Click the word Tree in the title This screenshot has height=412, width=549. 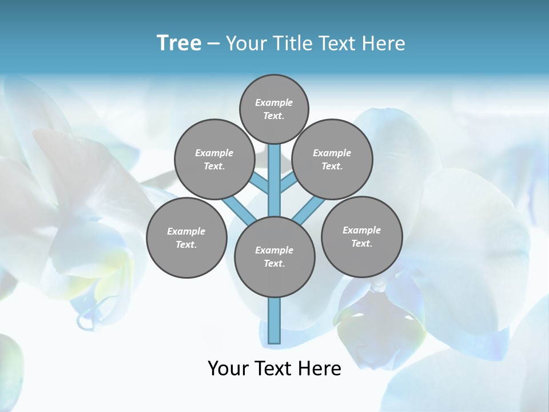point(179,43)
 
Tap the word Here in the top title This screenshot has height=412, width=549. point(384,43)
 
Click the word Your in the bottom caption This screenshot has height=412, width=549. point(229,369)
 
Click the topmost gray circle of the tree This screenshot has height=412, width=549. point(274,109)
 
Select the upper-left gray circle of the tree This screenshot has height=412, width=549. point(214,159)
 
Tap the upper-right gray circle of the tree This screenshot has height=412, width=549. point(332,159)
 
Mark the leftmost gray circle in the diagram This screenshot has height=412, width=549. point(186,237)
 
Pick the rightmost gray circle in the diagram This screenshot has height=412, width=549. point(361,236)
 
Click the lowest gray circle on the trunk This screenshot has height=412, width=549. point(274,256)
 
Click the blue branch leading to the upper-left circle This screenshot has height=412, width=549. point(260,184)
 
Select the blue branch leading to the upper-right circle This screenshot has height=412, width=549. point(288,183)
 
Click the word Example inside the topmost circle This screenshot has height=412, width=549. point(274,102)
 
